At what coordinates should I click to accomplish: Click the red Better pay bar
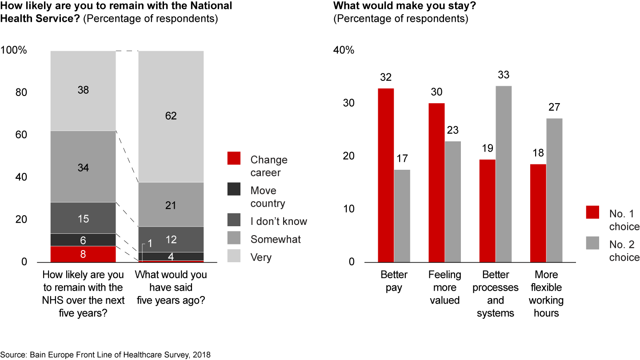(386, 175)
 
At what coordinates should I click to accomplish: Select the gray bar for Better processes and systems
(504, 174)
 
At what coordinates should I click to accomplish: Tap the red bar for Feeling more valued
(436, 182)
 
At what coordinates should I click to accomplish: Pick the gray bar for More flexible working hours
(554, 190)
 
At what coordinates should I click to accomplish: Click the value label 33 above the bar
(504, 75)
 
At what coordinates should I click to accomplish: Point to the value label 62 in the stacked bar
(171, 116)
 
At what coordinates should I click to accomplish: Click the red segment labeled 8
(83, 254)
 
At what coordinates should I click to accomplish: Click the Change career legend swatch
(234, 158)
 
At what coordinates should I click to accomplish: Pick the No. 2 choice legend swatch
(593, 243)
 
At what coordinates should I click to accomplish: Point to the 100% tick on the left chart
(14, 51)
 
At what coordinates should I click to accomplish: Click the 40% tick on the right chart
(344, 51)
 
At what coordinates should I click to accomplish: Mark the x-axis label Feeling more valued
(444, 287)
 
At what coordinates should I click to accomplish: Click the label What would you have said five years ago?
(171, 287)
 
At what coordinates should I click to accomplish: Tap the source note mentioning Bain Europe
(106, 354)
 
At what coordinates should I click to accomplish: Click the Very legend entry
(261, 257)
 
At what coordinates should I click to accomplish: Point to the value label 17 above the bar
(402, 159)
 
